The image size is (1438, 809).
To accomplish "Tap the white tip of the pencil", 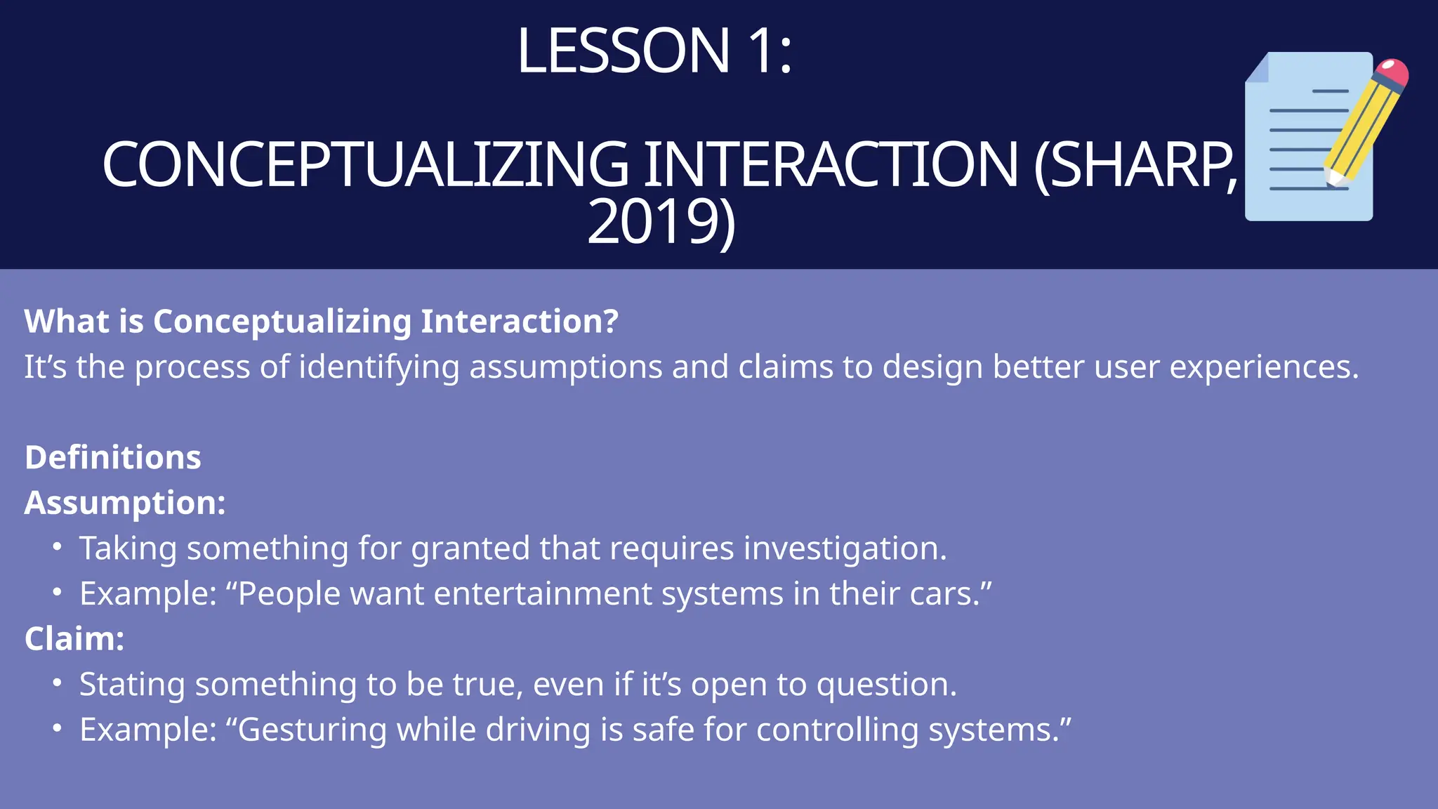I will click(1332, 178).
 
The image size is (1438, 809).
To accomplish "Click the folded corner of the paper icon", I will click(1258, 69).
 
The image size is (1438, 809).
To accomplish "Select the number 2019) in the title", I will click(661, 222).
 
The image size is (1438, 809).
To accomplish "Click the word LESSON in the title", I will click(624, 51).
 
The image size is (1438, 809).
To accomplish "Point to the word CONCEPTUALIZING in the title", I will click(365, 165).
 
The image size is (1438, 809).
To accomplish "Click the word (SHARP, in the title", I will click(1135, 165).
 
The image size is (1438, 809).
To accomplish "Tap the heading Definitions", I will click(113, 458).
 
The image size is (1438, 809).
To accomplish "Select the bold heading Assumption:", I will click(125, 503).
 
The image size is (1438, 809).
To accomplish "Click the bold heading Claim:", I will click(74, 639).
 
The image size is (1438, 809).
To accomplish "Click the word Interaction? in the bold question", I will click(519, 322).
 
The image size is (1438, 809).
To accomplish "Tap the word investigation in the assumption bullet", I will click(844, 548).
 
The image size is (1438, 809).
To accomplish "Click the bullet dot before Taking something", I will click(58, 546).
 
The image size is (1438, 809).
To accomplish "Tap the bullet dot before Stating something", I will click(58, 683).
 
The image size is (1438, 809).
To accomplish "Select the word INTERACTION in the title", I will click(830, 165).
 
